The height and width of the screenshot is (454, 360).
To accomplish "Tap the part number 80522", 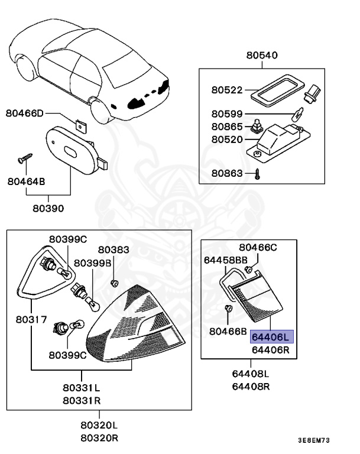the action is [x=227, y=90].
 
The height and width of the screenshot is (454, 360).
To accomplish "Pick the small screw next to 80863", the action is [x=258, y=174].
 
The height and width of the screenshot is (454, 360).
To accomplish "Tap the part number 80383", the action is [x=113, y=250].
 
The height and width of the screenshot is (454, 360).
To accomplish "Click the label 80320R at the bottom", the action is [x=99, y=438].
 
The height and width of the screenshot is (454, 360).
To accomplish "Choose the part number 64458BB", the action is [x=225, y=260].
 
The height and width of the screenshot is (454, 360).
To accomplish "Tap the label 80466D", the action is [x=25, y=113].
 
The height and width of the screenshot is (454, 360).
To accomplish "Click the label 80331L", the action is [x=82, y=388].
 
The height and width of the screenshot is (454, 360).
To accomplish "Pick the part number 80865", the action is [x=227, y=127].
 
